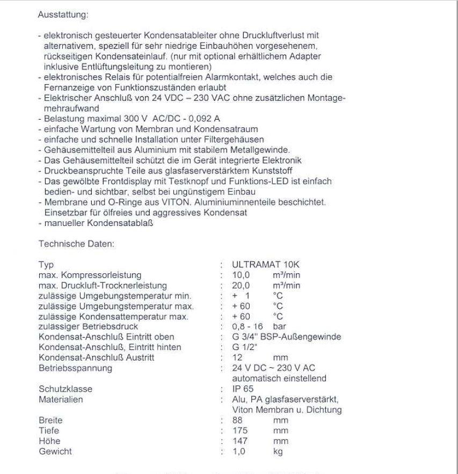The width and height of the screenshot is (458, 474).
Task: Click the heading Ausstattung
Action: click(x=62, y=16)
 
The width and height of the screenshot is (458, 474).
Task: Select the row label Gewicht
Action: click(x=55, y=452)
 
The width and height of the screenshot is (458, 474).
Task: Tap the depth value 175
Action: click(x=240, y=430)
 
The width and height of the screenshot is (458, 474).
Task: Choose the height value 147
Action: click(x=240, y=441)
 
